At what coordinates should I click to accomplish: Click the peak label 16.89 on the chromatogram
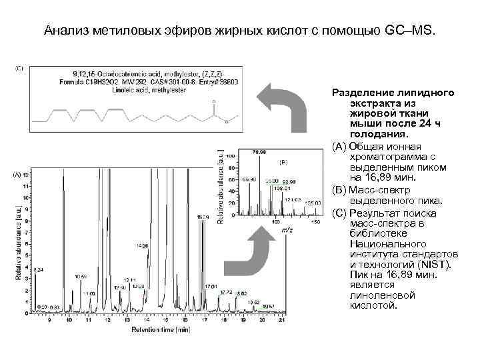tap(203, 217)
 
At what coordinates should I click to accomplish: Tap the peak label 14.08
tap(141, 246)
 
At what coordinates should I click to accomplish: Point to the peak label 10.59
tap(81, 276)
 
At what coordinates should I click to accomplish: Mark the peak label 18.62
tap(241, 293)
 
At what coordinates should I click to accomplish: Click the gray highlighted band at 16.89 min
tap(203, 267)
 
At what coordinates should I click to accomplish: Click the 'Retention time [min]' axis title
tap(161, 329)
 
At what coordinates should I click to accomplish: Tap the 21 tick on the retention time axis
tap(282, 321)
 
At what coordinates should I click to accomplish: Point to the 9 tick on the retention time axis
tap(49, 321)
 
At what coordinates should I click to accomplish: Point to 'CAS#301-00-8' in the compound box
tap(165, 81)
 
